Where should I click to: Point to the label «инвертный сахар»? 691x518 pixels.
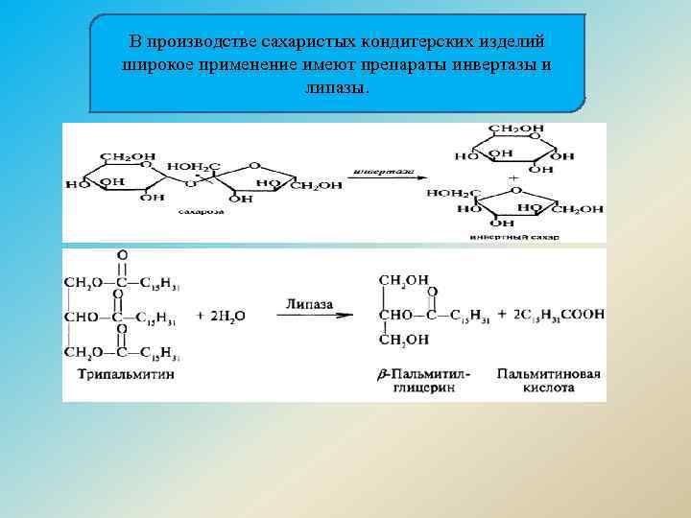click(x=514, y=236)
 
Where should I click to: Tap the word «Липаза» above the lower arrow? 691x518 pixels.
click(x=308, y=303)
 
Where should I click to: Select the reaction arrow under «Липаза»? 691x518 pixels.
click(x=308, y=317)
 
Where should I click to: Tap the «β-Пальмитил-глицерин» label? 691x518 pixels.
click(x=426, y=381)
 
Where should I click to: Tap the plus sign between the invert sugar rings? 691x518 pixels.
click(x=513, y=178)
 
